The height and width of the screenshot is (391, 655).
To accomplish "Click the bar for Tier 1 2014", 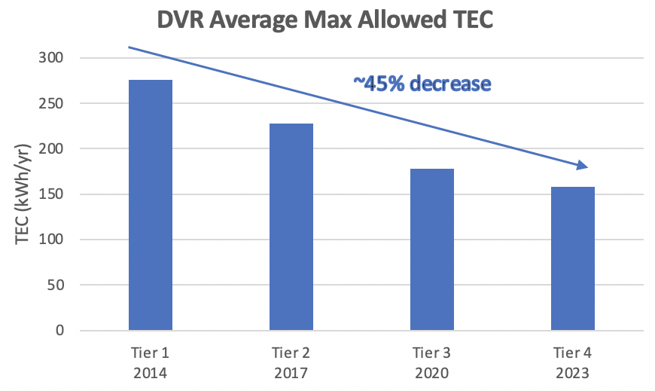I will [150, 205].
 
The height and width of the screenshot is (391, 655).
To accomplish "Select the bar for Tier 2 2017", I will [291, 227].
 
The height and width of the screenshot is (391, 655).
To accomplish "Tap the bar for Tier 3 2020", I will [432, 249].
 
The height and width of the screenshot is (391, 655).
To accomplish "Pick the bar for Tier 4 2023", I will [573, 258].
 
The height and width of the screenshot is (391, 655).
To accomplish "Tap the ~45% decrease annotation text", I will [422, 83].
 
